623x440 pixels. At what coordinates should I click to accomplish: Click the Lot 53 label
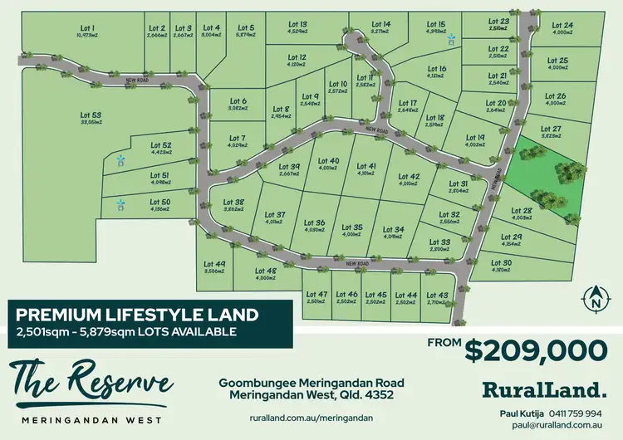(x=91, y=115)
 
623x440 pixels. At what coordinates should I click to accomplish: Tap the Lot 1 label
(x=87, y=27)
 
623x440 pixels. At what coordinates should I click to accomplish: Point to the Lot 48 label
(x=266, y=271)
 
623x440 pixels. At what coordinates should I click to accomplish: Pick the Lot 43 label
(x=437, y=296)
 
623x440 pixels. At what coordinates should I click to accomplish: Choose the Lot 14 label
(x=381, y=25)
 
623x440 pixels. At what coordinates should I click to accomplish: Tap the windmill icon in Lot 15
(x=452, y=38)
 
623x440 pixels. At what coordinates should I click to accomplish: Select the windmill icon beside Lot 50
(x=120, y=203)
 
